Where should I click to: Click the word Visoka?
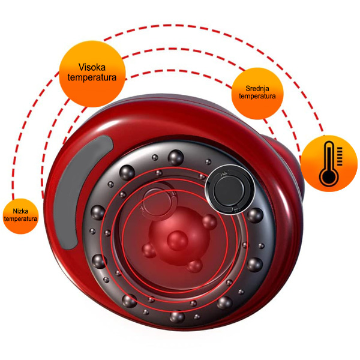[92, 67]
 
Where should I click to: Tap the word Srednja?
[257, 88]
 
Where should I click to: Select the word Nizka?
[20, 211]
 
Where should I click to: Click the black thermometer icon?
[331, 163]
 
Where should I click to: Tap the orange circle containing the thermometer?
[329, 163]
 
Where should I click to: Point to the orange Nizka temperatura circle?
[20, 216]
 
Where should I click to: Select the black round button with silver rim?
[230, 190]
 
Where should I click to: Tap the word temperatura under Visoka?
[92, 77]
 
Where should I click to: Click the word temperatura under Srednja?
[257, 96]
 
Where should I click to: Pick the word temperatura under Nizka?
[20, 218]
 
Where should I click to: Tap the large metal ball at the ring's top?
[176, 157]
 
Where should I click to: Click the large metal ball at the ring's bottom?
[177, 317]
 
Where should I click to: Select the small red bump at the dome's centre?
[177, 240]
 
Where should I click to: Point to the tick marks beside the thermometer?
[340, 157]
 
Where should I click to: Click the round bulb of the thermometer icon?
[329, 177]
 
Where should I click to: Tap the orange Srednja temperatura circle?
[257, 94]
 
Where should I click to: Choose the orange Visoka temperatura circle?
[92, 74]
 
